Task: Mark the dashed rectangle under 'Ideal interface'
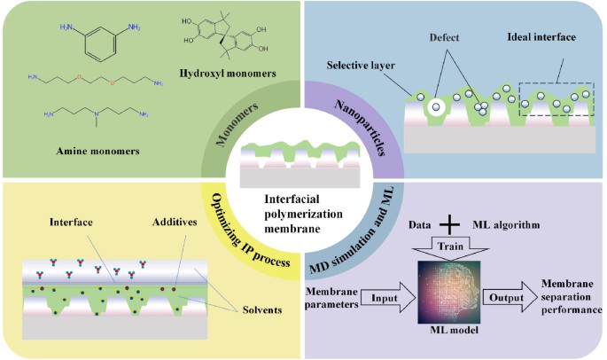coord(556,100)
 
